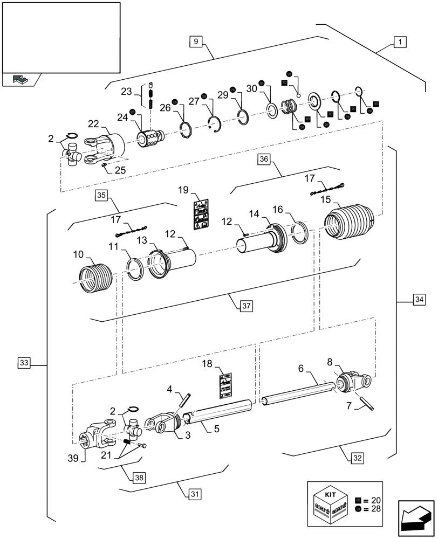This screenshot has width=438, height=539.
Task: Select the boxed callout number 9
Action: [195, 41]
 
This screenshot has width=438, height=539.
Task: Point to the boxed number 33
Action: [24, 363]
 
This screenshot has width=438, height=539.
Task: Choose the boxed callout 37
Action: [246, 306]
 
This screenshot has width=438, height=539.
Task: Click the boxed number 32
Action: [356, 458]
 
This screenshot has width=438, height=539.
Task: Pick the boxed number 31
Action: [195, 493]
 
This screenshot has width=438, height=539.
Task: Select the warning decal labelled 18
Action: [225, 383]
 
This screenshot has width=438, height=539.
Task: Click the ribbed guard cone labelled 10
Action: [95, 277]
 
